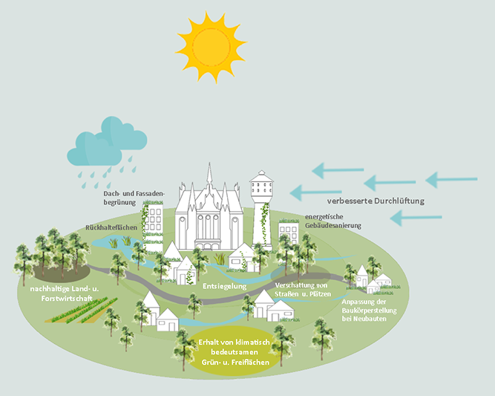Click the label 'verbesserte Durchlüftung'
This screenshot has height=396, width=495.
375,201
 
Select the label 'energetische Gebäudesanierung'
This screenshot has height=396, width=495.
333,221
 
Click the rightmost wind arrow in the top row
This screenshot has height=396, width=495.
451,180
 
